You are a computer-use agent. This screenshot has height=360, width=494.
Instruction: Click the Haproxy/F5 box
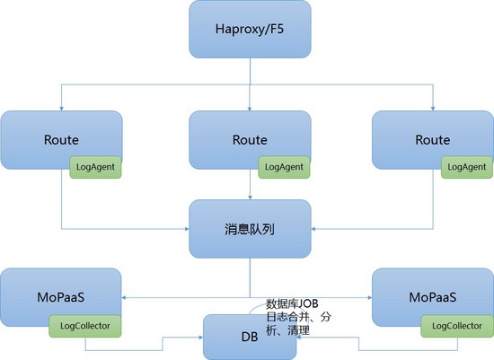[x=250, y=29]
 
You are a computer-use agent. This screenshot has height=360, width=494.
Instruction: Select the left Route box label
[x=61, y=140]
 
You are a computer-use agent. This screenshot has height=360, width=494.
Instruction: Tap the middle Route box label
[x=250, y=140]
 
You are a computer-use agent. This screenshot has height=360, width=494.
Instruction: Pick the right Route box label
[x=433, y=140]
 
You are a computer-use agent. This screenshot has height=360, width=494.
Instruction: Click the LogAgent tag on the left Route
[x=95, y=167]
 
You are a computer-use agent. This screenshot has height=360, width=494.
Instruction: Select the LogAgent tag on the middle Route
[x=284, y=167]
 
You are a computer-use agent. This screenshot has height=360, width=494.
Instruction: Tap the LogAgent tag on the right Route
[x=466, y=167]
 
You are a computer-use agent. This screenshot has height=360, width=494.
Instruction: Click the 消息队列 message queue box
[x=250, y=229]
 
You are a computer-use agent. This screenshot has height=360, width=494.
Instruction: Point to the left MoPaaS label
[x=61, y=297]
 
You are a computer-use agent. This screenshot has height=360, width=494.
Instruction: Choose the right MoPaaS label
[x=433, y=297]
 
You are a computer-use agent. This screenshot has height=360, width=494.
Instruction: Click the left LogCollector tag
[x=85, y=326]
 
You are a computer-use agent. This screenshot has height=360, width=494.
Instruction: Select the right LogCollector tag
[x=457, y=326]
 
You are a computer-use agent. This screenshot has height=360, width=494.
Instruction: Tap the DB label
[x=250, y=337]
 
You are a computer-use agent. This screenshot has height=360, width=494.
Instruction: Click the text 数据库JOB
[x=292, y=303]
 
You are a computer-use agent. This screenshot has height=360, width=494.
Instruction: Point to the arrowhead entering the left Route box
[x=61, y=109]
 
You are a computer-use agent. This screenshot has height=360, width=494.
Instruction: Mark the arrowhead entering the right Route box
[x=433, y=109]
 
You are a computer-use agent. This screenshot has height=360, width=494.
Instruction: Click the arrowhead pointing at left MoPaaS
[x=124, y=297]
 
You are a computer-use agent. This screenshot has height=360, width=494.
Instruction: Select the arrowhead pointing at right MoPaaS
[x=369, y=297]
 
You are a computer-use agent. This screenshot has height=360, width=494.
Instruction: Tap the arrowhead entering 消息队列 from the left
[x=187, y=229]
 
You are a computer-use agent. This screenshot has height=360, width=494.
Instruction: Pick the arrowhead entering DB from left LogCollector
[x=201, y=338]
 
